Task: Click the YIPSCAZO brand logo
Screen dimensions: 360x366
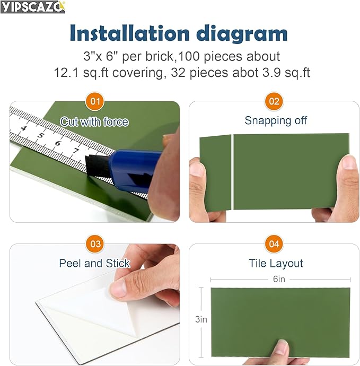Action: point(33,6)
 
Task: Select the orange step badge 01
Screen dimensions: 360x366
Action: point(95,101)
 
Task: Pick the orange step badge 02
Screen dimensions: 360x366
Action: point(274,101)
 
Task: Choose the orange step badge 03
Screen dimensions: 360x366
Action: point(95,244)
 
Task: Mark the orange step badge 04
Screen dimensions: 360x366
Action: point(274,244)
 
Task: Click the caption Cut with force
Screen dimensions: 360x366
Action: point(94,121)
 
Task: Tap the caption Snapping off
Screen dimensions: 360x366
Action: point(276,120)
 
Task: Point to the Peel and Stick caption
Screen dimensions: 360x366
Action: point(94,263)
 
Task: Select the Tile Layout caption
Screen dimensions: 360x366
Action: point(276,263)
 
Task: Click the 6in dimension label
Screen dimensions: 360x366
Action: point(279,279)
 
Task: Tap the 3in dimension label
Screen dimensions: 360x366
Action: point(201,319)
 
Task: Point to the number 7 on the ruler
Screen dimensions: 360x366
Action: point(76,150)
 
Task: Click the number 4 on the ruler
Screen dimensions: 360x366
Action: point(23,128)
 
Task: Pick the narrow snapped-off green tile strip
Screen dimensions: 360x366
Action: point(215,173)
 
